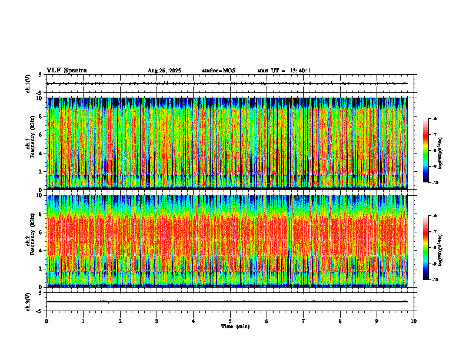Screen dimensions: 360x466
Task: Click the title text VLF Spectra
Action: point(66,71)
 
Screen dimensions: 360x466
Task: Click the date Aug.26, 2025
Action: point(164,71)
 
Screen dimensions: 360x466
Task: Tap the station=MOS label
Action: point(218,71)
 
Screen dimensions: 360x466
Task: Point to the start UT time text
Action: point(284,71)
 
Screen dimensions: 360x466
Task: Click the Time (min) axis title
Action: point(235,326)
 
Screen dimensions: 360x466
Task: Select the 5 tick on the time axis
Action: point(230,321)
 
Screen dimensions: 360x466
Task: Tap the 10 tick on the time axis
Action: point(414,321)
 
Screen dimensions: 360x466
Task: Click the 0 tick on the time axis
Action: point(46,321)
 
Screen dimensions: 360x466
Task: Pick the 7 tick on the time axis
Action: point(304,321)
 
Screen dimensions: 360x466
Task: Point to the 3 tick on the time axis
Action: point(157,321)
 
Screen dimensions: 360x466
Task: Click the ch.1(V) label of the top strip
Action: point(28,84)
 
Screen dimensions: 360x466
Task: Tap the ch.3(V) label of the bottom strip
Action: point(28,301)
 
